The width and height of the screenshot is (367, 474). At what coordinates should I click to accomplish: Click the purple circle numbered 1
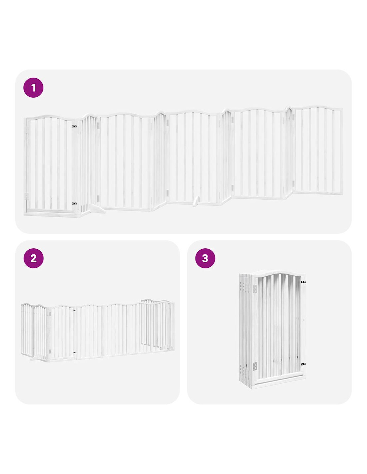pos(33,88)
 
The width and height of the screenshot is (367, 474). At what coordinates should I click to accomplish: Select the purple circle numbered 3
pos(205,258)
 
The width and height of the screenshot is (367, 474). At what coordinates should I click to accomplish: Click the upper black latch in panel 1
pos(74,126)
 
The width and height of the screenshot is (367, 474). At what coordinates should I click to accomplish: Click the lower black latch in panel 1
pos(74,203)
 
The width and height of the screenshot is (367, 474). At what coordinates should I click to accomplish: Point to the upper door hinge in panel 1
pos(27,130)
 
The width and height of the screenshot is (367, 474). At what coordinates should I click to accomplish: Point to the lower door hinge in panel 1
pos(27,196)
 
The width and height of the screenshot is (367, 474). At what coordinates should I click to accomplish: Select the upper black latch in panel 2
pos(75,310)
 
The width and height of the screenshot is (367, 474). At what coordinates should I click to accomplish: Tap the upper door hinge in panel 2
pos(50,314)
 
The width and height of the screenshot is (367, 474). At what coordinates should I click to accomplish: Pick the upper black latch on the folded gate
pos(303,282)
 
